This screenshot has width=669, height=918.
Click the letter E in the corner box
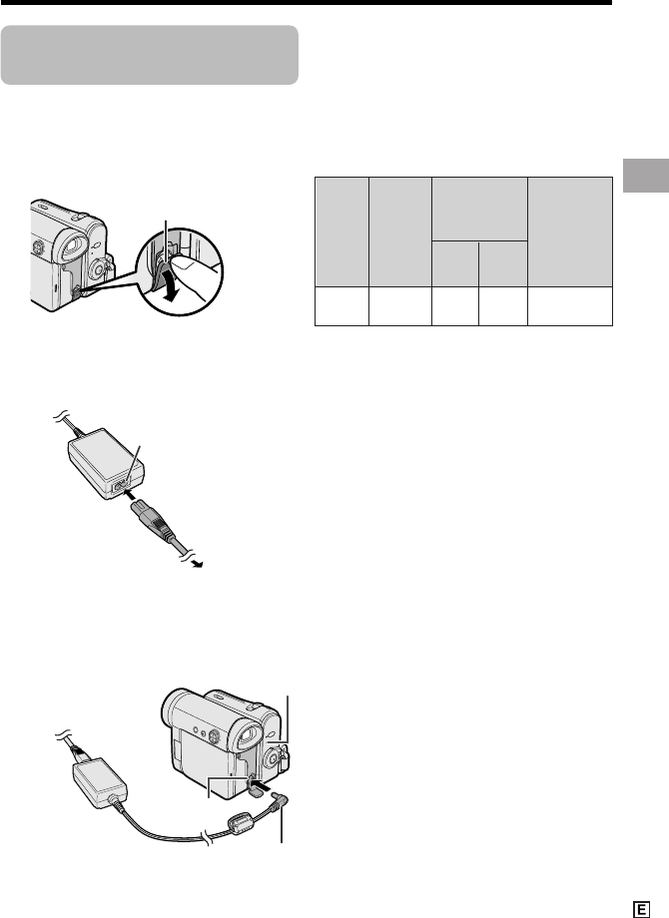[641, 909]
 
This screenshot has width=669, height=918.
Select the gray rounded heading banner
[150, 55]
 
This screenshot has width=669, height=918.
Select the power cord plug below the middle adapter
[154, 520]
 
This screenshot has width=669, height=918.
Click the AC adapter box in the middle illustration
[107, 464]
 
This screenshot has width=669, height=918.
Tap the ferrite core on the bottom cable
[240, 823]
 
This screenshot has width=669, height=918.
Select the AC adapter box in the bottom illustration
[99, 781]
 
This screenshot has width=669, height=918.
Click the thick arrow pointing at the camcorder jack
[265, 780]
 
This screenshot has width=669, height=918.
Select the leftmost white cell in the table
[341, 305]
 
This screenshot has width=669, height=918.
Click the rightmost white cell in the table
[570, 305]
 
